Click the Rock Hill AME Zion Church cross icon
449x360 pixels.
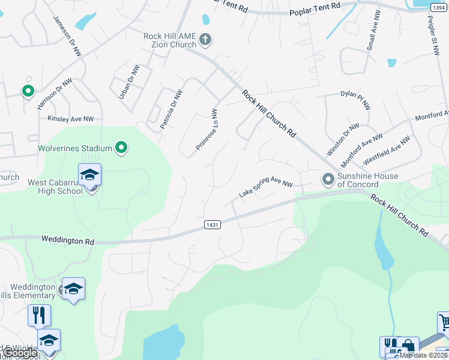point(205,40)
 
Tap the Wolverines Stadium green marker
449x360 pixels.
point(121,148)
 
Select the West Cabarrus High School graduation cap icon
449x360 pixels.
point(89,175)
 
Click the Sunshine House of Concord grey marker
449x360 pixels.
point(328,179)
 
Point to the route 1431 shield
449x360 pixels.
point(212,224)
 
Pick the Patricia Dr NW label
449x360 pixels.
point(171,110)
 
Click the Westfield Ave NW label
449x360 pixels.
point(387,151)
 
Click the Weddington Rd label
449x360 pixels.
point(68,240)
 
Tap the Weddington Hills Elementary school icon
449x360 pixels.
point(73,289)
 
